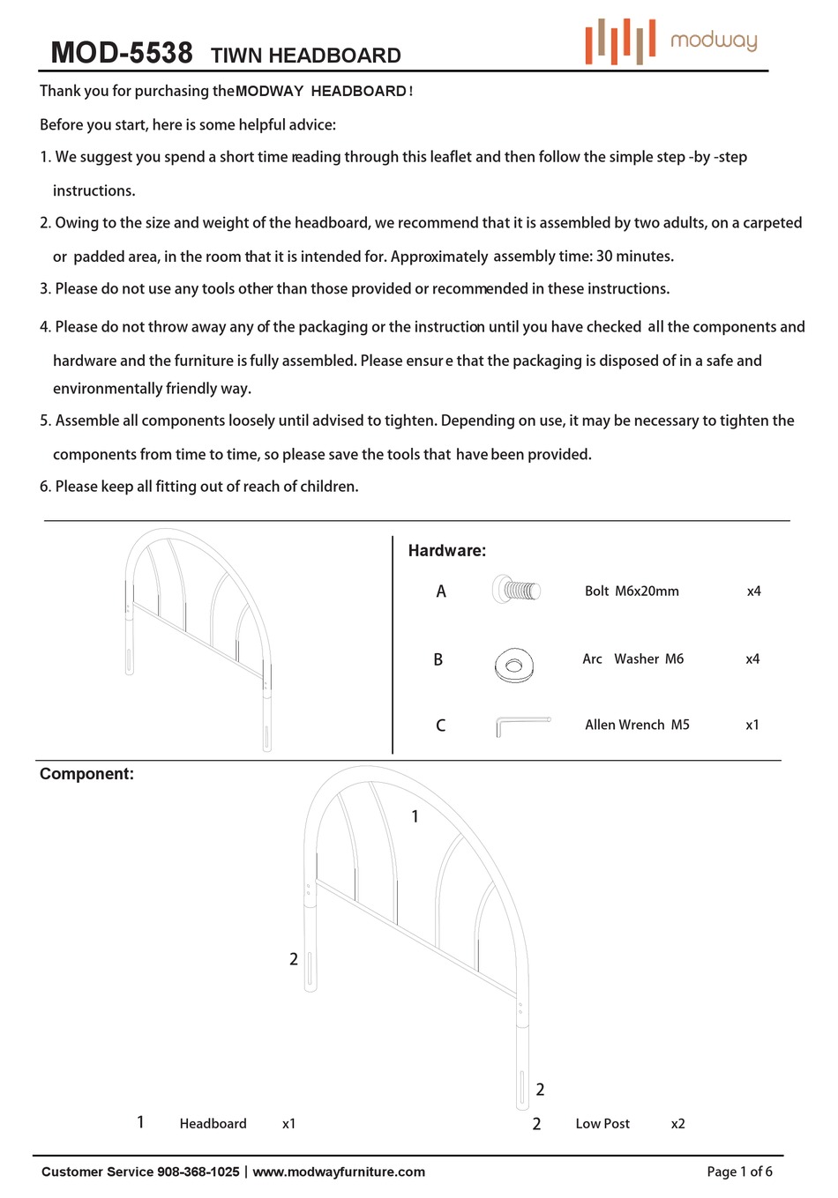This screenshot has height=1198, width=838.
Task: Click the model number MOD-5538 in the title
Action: [122, 53]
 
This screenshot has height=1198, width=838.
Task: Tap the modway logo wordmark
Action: [713, 41]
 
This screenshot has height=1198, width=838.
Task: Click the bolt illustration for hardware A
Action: [516, 590]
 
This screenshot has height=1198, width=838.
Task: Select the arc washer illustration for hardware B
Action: [514, 664]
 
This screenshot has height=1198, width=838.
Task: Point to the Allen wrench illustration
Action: [522, 725]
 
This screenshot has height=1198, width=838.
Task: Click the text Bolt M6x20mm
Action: [632, 592]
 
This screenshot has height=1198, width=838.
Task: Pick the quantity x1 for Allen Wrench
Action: [752, 725]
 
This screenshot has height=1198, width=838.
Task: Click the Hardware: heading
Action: [446, 551]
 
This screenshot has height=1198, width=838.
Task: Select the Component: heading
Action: [86, 774]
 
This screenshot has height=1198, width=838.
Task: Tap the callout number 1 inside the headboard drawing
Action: [415, 817]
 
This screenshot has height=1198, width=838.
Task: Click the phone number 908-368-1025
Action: [198, 1172]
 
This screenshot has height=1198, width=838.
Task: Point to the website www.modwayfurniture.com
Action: [339, 1172]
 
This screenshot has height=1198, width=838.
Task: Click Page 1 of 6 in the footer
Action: [739, 1172]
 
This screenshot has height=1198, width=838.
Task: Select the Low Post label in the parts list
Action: [602, 1124]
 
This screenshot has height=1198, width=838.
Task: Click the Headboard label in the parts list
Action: [213, 1124]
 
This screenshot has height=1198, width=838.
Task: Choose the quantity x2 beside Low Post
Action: [677, 1124]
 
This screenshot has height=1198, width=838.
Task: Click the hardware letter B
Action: [438, 659]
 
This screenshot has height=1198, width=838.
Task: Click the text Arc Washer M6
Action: [632, 659]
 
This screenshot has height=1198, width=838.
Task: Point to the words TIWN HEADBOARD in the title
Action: [305, 56]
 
